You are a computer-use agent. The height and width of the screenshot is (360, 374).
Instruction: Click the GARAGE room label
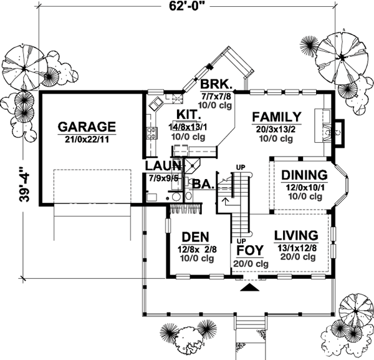(87, 126)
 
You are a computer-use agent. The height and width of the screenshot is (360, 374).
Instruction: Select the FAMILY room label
(277, 117)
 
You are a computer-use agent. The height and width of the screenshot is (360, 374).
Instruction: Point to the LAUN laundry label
(163, 165)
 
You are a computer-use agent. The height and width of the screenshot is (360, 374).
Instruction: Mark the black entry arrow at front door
(249, 288)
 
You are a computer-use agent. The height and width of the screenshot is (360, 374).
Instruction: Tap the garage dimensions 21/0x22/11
(87, 138)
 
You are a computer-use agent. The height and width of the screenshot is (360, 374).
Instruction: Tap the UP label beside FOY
(240, 240)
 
